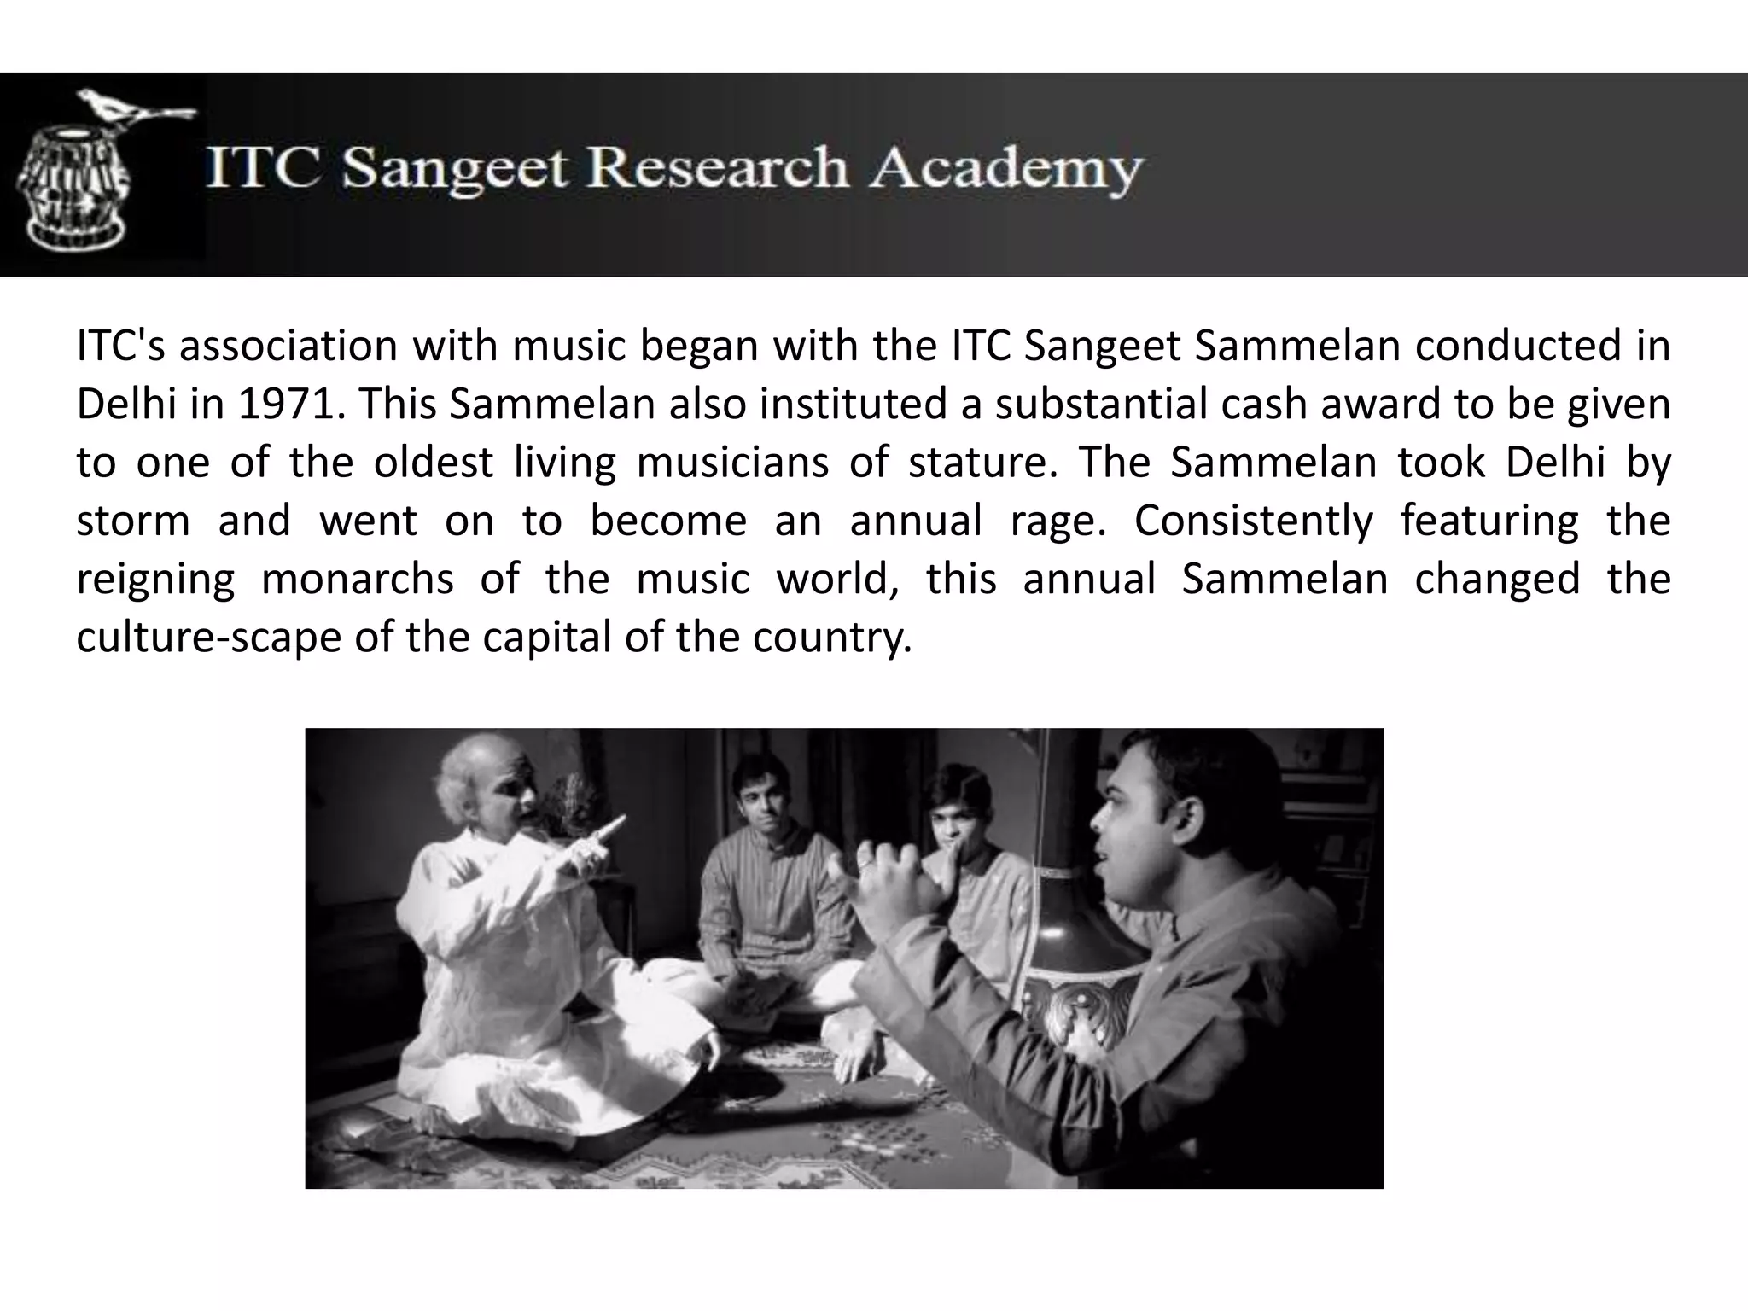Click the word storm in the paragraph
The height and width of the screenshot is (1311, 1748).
(x=132, y=521)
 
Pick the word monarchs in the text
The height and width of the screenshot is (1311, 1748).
(x=357, y=579)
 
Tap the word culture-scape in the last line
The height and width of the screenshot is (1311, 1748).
(x=208, y=637)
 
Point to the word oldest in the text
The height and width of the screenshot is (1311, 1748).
(x=434, y=463)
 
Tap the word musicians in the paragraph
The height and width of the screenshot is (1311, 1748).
(x=732, y=463)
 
